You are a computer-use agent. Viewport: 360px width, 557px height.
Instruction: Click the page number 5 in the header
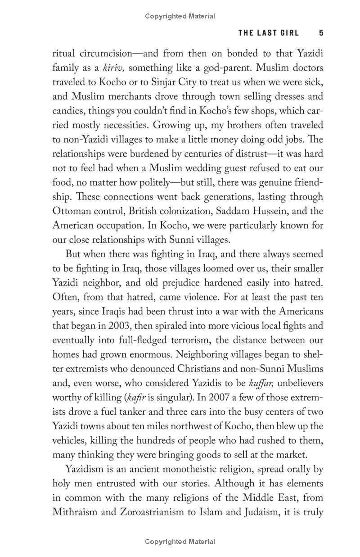[x=321, y=32]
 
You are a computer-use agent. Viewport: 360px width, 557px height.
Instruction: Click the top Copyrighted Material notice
[x=180, y=16]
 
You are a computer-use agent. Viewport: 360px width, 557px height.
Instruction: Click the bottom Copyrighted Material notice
[x=180, y=542]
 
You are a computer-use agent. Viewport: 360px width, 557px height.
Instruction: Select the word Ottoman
[x=71, y=211]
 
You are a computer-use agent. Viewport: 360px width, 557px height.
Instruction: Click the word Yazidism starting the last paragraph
[x=85, y=470]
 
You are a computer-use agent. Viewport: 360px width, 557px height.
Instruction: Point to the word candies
[x=68, y=110]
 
